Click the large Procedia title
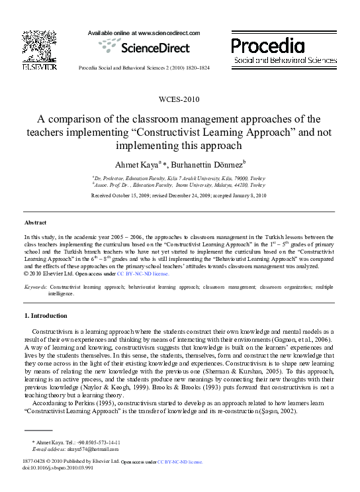268,46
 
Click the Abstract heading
35,222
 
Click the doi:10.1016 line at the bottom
53,467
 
